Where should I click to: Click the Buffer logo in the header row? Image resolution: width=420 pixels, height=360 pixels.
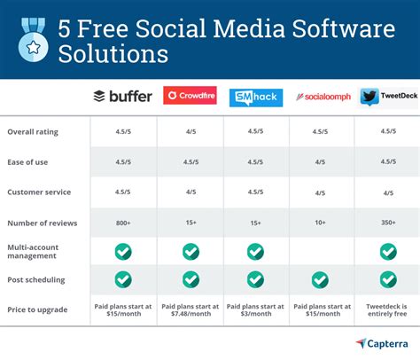(x=123, y=96)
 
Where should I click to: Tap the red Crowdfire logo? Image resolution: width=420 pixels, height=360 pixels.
(x=190, y=96)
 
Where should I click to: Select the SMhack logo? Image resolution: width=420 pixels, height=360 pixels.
(x=255, y=98)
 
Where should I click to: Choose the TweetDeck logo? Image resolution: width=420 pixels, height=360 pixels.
(x=388, y=97)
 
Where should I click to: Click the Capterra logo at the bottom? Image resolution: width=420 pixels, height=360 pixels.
(x=384, y=343)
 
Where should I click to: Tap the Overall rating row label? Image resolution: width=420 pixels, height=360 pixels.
(x=34, y=132)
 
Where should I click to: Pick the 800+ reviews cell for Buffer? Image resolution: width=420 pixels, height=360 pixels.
(x=123, y=222)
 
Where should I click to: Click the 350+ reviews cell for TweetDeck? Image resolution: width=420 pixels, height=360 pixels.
(x=387, y=222)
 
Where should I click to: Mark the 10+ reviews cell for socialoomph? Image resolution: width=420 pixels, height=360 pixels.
(x=321, y=222)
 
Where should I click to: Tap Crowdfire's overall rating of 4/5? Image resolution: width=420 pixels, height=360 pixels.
(x=190, y=132)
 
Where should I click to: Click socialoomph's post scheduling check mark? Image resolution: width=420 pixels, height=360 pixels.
(x=321, y=279)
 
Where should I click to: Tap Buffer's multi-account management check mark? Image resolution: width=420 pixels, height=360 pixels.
(x=123, y=251)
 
